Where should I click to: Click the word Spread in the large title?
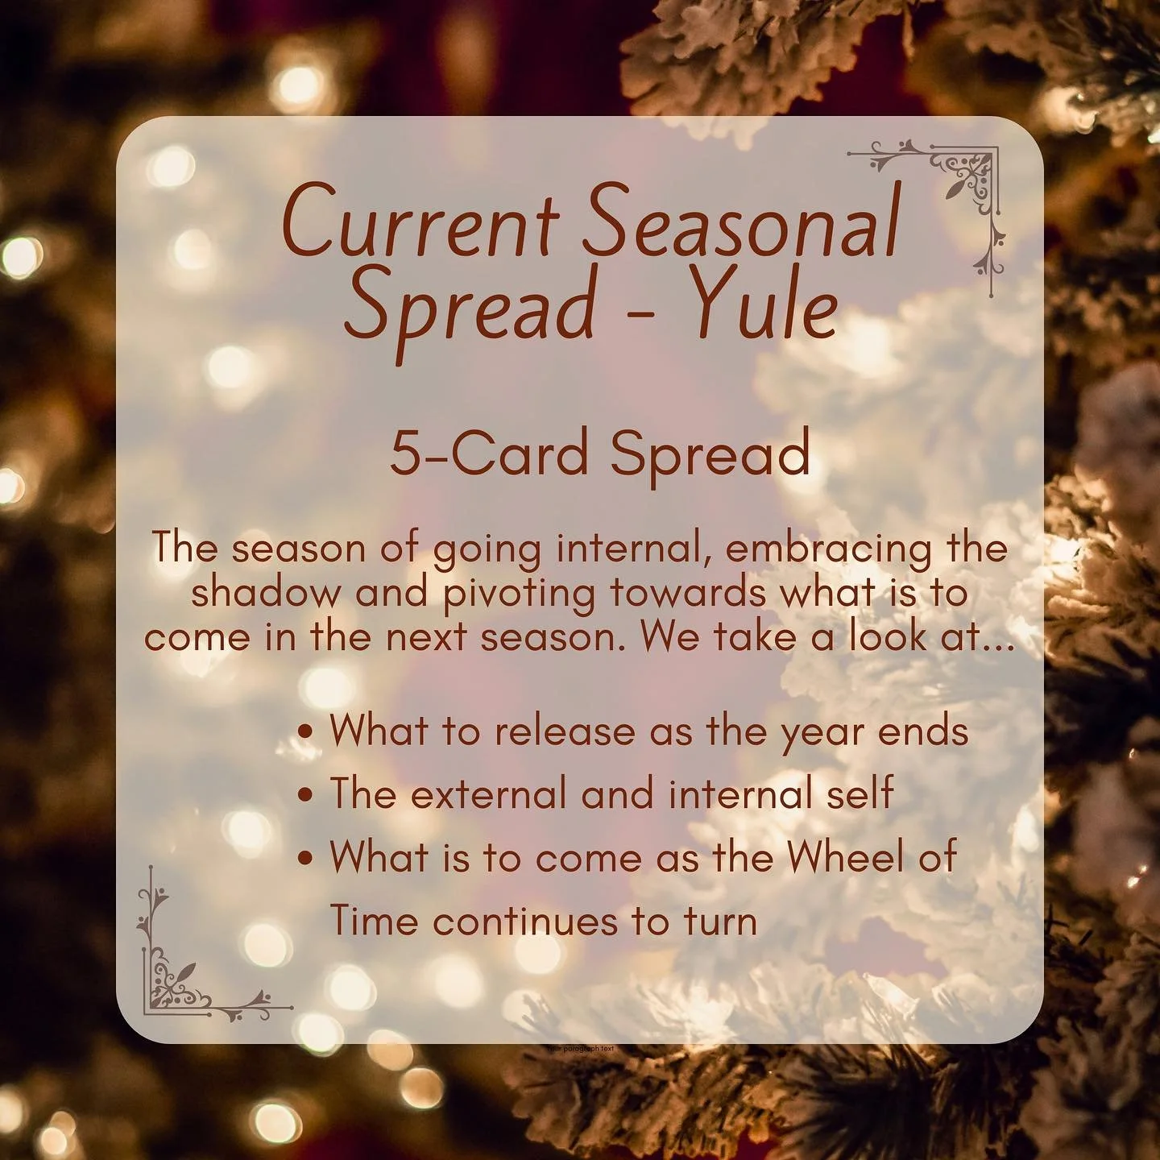470,310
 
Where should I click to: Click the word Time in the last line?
372,920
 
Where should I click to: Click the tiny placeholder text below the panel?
580,1049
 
